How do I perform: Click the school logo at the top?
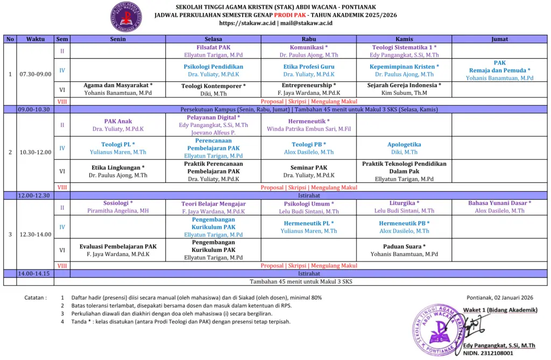click(127, 17)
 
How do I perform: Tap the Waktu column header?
click(36, 39)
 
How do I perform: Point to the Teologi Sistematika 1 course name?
click(404, 47)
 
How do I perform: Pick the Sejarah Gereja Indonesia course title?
click(404, 85)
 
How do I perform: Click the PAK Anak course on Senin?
click(118, 122)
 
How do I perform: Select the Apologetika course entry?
click(404, 144)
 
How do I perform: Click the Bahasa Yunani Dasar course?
click(499, 203)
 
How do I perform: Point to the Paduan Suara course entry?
click(404, 246)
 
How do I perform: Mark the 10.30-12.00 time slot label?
click(36, 152)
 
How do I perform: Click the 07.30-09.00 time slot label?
click(36, 74)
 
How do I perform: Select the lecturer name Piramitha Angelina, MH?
click(118, 211)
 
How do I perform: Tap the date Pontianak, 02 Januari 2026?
click(499, 297)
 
